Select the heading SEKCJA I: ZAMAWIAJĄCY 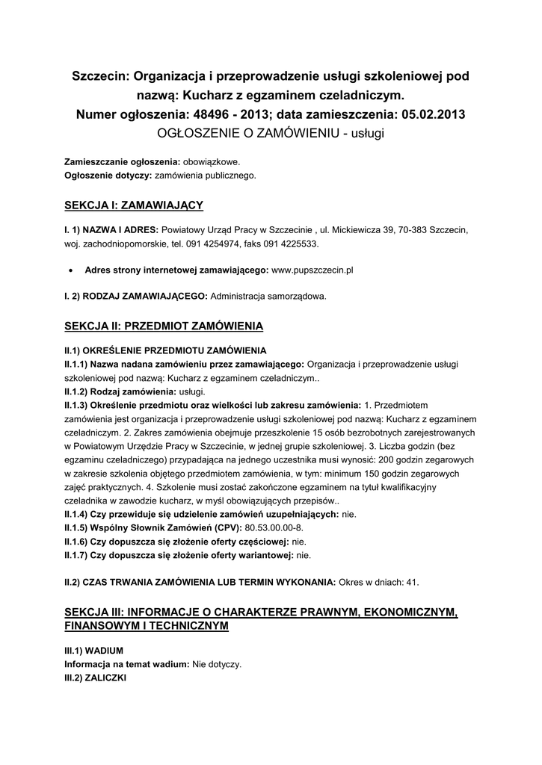[x=134, y=204]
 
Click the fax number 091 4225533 [x=291, y=244]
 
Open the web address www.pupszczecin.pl [x=312, y=270]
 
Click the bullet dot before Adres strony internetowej [x=70, y=270]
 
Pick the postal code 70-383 [x=421, y=230]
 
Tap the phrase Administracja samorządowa [x=268, y=296]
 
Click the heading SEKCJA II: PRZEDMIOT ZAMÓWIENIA [x=164, y=326]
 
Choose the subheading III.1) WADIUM [x=93, y=650]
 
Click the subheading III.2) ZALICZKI [x=96, y=677]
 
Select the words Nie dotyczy [x=216, y=663]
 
